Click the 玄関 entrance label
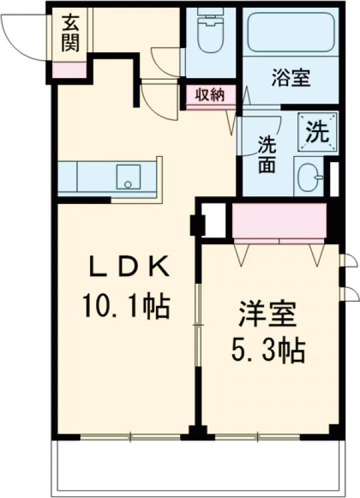70,35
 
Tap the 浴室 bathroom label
291,79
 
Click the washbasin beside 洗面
310,177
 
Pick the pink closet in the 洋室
279,220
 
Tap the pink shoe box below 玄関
70,70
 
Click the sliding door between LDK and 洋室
198,325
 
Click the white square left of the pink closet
214,220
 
